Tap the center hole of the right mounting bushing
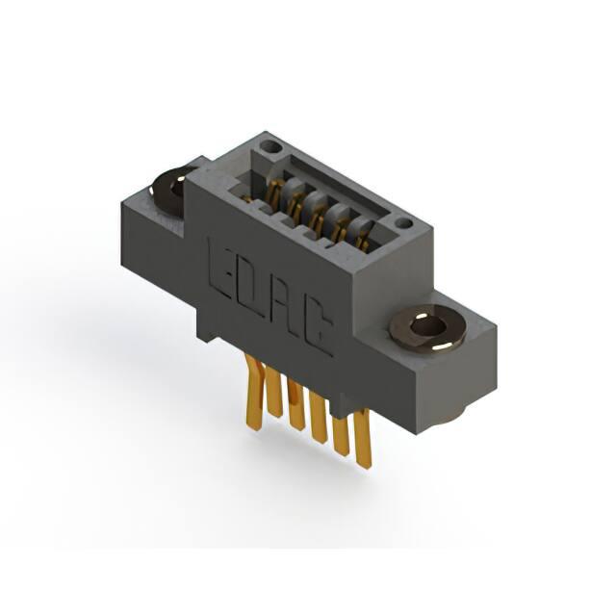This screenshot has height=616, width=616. (426, 326)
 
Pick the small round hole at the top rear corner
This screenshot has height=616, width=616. (271, 147)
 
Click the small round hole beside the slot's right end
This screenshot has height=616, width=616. (403, 224)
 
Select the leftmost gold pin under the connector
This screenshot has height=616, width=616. (252, 392)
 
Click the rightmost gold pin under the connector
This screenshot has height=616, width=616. (362, 437)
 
